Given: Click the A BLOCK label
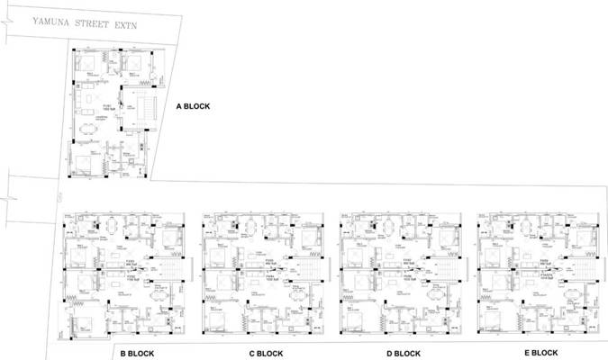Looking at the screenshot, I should point(192,106).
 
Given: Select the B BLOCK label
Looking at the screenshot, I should point(140,354).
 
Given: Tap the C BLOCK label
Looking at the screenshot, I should point(268,354).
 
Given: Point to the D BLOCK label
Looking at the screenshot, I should point(404,354).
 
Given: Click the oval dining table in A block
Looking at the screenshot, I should point(88,128).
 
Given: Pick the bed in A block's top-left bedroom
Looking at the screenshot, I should point(87,63).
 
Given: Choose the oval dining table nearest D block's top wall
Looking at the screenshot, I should point(388,224).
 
